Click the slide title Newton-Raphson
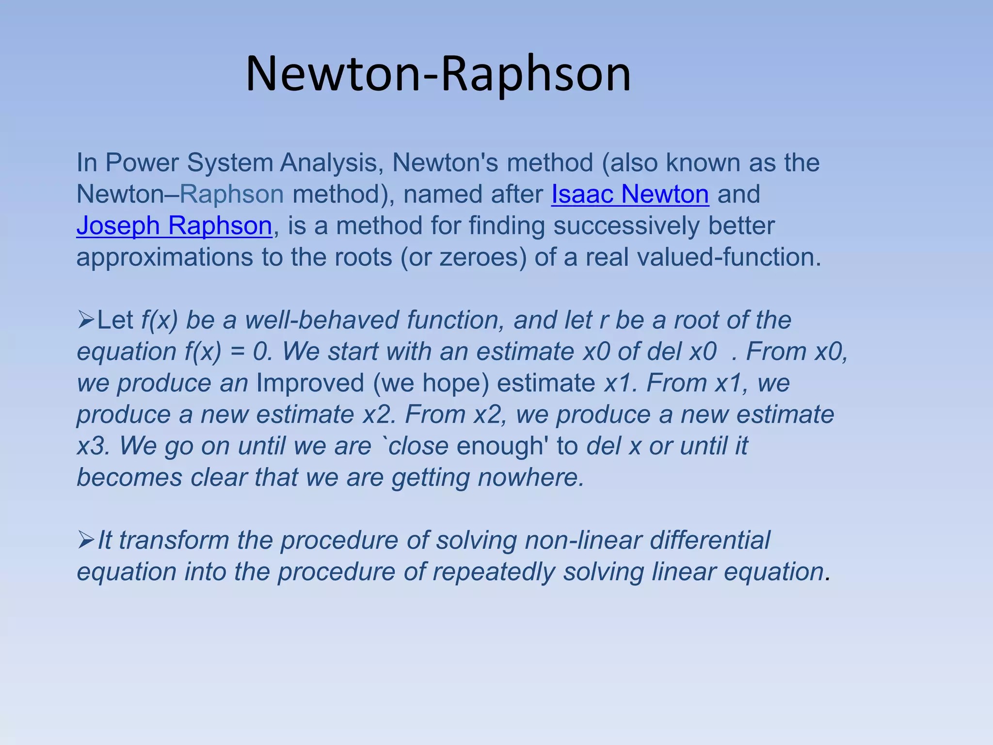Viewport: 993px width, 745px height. pos(438,74)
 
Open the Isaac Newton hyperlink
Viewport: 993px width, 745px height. pos(630,194)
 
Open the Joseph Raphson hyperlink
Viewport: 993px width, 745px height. pos(174,226)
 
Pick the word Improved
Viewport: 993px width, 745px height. pos(310,383)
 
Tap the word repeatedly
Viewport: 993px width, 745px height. pos(494,572)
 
